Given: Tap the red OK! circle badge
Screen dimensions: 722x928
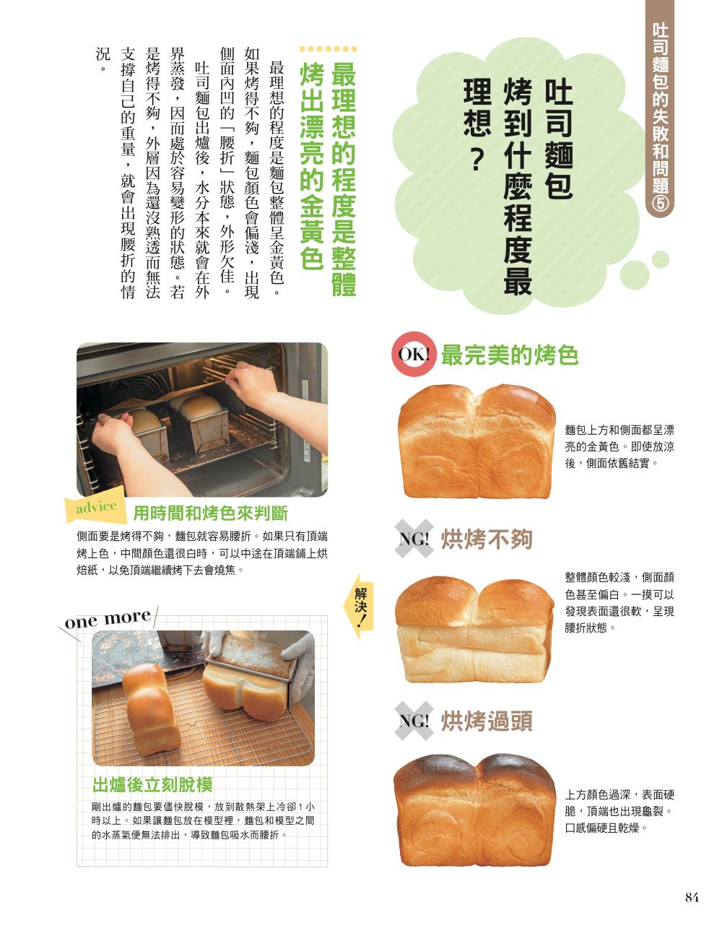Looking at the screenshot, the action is point(413,354).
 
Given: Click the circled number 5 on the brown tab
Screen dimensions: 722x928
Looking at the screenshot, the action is point(659,205).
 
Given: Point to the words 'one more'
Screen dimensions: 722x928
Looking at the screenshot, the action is point(108,619).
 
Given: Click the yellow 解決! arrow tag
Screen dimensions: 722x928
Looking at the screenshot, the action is point(359,606).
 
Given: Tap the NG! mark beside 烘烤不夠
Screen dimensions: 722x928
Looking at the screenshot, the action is point(413,539).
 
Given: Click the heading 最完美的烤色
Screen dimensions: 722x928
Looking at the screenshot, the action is point(509,355).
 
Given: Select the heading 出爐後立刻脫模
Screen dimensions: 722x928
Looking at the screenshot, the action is point(152,784).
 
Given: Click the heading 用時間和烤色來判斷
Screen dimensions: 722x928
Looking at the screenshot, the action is point(211,513).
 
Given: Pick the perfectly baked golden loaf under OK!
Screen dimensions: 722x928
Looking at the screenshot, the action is point(476,441).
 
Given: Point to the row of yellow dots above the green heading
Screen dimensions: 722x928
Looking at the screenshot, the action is point(328,49).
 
